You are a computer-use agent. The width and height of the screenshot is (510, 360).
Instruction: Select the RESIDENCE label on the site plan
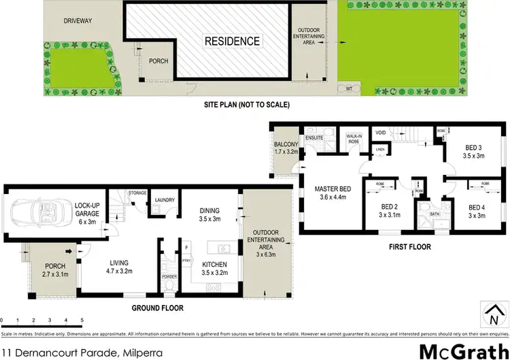(233, 41)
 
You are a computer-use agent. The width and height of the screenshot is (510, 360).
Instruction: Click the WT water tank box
(350, 88)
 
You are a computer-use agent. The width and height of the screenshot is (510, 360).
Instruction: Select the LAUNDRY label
(165, 200)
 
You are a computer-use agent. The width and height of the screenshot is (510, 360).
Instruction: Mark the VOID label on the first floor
(380, 133)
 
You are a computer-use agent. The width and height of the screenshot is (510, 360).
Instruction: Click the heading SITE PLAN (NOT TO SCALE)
(247, 105)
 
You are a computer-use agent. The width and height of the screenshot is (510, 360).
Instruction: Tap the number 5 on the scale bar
(82, 320)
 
